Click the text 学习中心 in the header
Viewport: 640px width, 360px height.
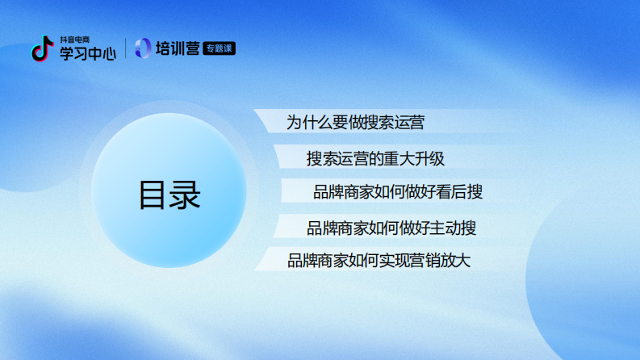click(x=87, y=53)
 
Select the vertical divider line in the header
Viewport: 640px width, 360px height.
click(x=125, y=48)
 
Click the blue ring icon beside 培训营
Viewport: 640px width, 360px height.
click(x=143, y=48)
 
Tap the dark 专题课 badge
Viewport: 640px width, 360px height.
click(x=220, y=48)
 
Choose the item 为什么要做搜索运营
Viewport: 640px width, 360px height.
click(x=355, y=123)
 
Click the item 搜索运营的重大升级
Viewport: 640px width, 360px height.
click(x=375, y=158)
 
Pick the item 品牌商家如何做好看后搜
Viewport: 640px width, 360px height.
click(x=398, y=192)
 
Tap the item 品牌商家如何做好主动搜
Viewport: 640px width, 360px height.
click(x=391, y=228)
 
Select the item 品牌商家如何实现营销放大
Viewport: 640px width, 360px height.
click(x=379, y=261)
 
